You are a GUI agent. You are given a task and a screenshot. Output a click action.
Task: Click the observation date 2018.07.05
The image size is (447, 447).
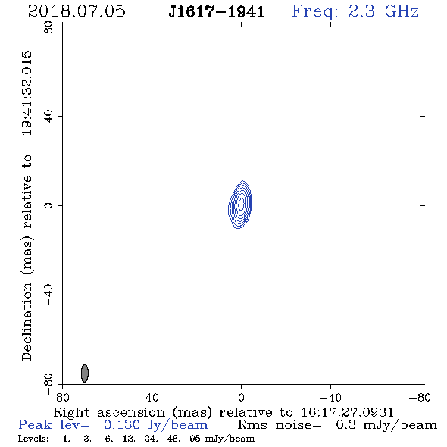pos(77,11)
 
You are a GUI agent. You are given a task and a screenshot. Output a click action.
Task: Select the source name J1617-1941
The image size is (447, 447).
pos(216,12)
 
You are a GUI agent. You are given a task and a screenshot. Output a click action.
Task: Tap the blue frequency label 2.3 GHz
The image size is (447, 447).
pos(383,11)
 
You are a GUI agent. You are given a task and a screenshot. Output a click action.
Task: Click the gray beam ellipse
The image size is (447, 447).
pos(85,374)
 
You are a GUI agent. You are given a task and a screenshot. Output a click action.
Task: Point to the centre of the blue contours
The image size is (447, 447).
pos(241,204)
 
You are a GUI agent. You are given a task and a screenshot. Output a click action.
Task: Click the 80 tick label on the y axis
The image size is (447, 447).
pos(48,27)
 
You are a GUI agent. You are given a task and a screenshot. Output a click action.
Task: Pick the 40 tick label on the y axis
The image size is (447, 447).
pos(48,117)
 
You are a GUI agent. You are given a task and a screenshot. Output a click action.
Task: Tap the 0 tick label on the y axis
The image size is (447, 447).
pos(48,205)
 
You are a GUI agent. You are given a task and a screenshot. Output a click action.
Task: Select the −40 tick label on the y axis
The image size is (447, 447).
pos(48,295)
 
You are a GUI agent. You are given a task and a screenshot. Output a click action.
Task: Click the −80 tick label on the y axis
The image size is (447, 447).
pos(48,384)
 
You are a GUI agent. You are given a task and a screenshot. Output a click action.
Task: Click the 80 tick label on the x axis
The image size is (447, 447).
pos(62,398)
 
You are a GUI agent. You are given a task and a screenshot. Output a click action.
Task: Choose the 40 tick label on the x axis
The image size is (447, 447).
pos(152,398)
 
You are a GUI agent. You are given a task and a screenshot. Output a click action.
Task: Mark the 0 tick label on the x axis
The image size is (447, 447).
pos(241,398)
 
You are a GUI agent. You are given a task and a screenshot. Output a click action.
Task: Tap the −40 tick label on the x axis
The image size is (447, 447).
pos(330,398)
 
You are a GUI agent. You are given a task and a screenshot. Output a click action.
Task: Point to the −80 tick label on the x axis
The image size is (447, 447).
pos(420,398)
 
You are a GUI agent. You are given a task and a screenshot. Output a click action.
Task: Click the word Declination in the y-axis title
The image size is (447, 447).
pos(27,321)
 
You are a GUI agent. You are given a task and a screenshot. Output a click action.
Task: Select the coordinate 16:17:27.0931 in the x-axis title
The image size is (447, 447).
pos(348,412)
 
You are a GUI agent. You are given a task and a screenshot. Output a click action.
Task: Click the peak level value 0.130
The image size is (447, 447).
pos(122,425)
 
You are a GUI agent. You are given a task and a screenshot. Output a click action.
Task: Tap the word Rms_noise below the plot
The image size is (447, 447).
pos(280,425)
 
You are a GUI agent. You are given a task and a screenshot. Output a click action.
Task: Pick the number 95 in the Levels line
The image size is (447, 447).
pos(195,439)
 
